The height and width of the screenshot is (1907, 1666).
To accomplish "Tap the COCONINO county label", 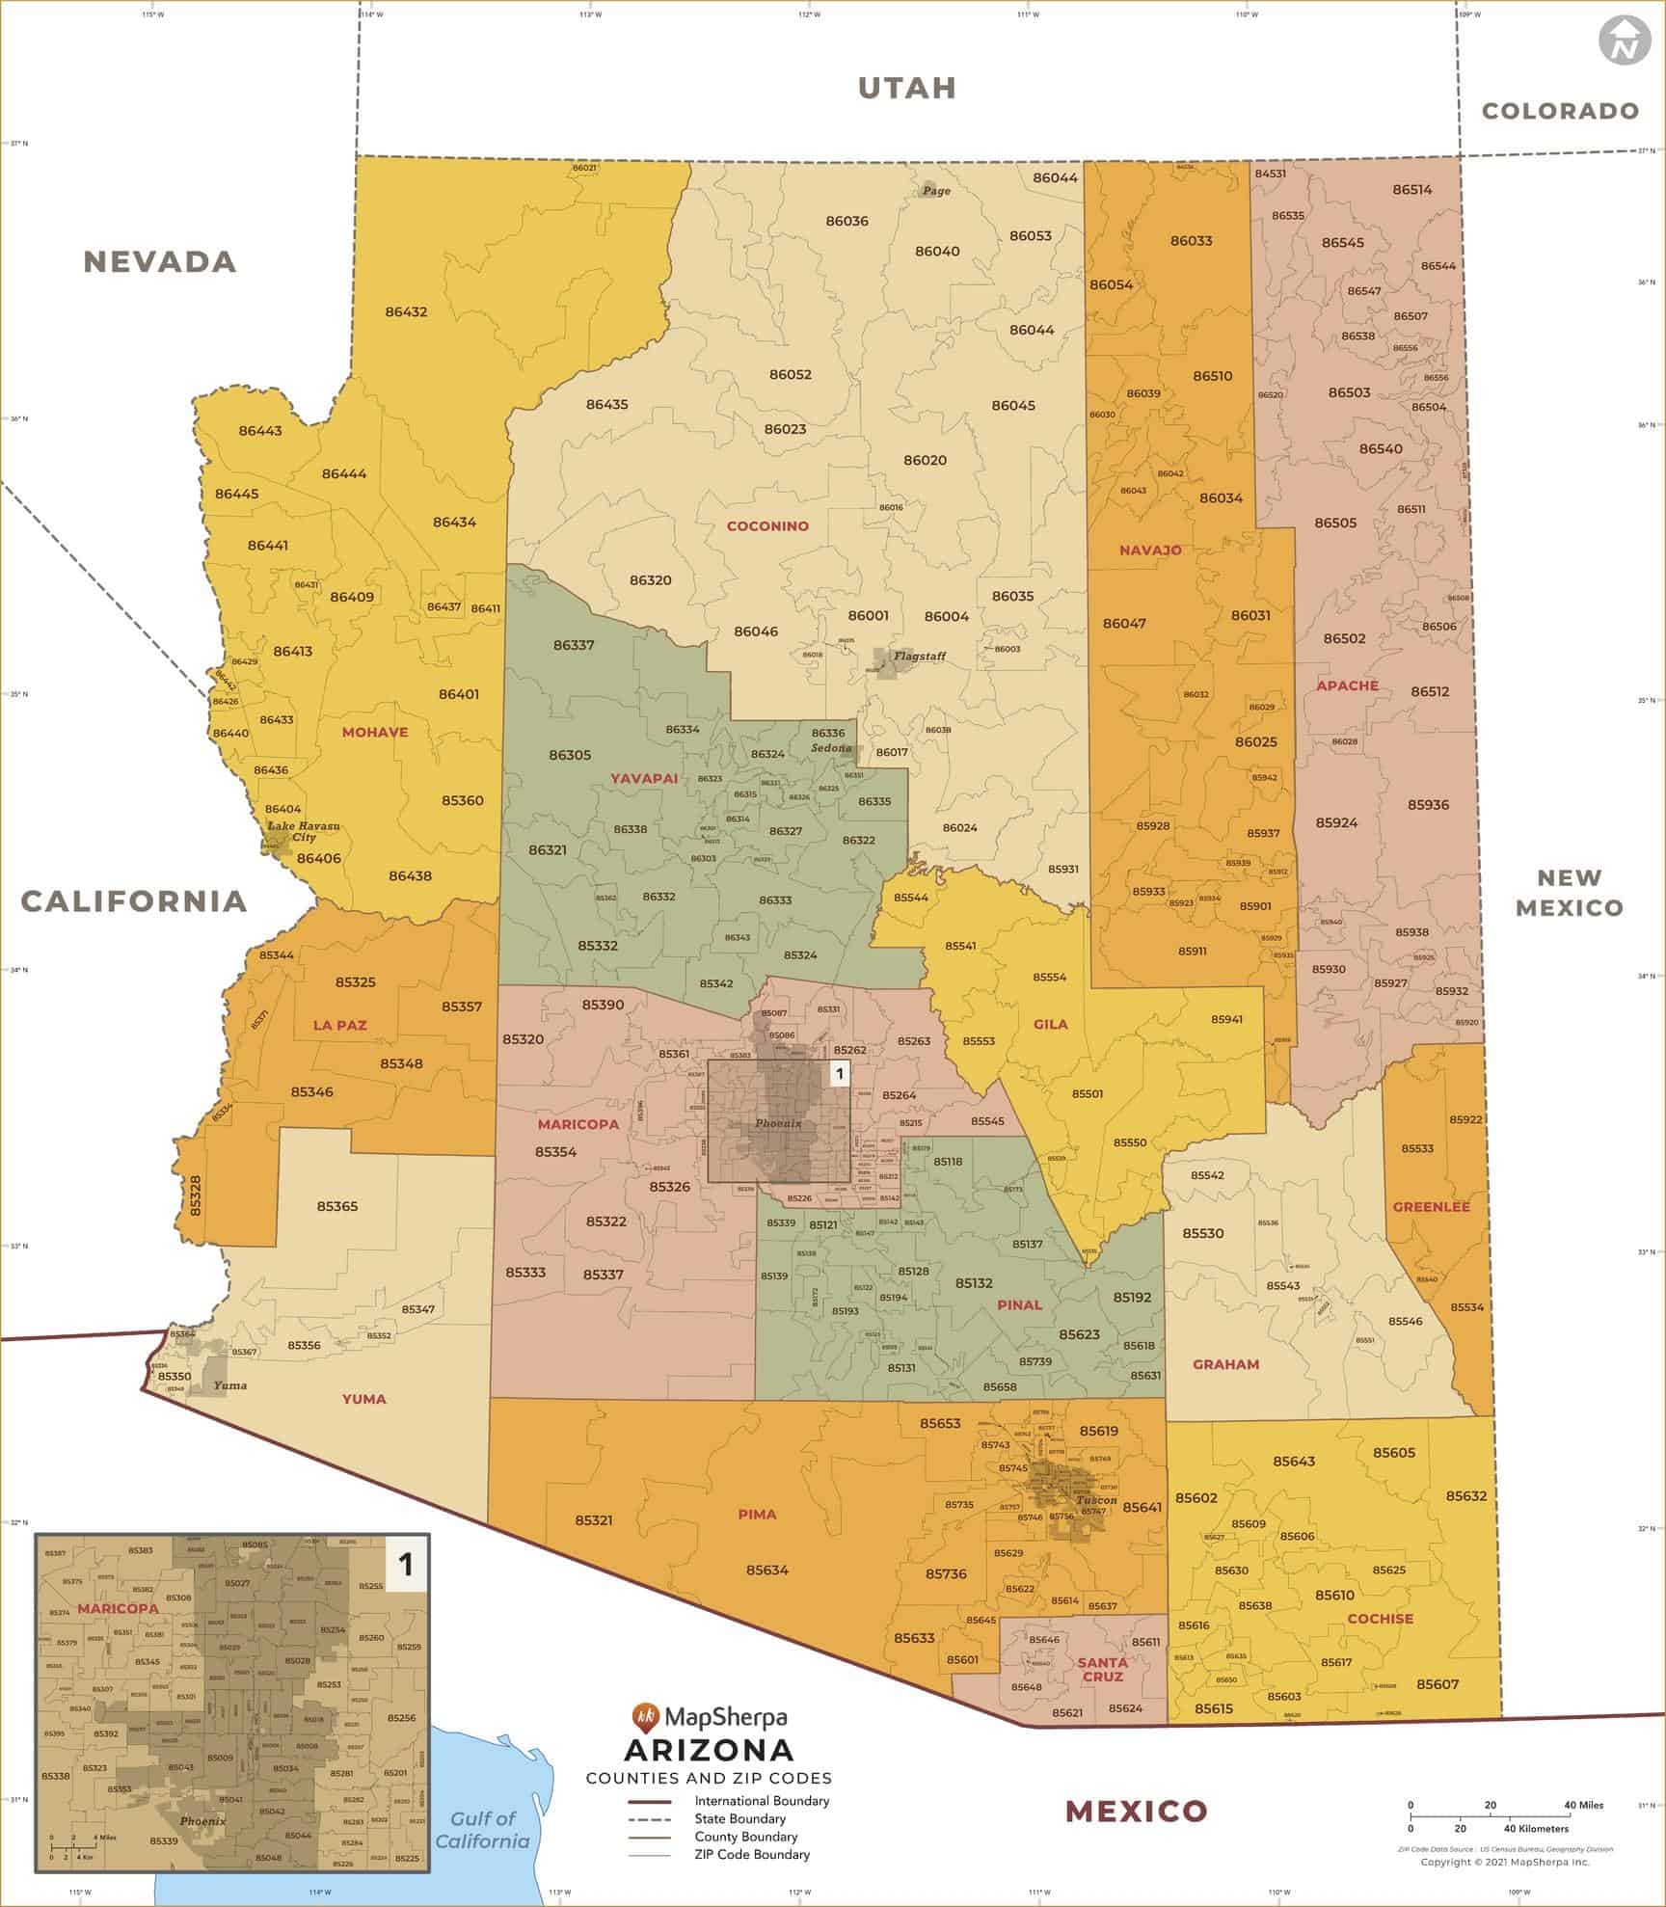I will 767,526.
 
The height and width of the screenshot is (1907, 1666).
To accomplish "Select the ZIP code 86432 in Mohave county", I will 406,312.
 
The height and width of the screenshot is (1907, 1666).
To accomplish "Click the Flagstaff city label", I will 919,657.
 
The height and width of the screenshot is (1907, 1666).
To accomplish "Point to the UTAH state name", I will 907,88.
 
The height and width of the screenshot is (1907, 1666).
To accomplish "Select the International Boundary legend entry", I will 762,1801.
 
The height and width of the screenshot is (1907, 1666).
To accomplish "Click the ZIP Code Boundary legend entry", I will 752,1854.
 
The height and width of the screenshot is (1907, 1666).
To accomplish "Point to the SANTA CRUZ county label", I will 1102,1669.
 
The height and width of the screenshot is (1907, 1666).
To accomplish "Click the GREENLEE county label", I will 1431,1207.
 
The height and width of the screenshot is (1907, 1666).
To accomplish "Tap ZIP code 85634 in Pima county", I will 766,1571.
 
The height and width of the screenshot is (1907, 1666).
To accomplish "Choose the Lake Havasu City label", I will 303,832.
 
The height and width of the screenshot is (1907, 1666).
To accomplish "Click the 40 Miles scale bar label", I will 1584,1805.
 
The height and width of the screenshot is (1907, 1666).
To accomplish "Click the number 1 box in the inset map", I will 405,1565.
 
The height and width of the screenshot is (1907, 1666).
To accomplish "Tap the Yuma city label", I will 229,1385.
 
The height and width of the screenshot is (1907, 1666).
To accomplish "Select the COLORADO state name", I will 1560,111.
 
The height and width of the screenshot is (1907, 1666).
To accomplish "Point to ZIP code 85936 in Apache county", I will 1428,805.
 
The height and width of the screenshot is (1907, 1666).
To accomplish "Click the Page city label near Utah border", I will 935,191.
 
